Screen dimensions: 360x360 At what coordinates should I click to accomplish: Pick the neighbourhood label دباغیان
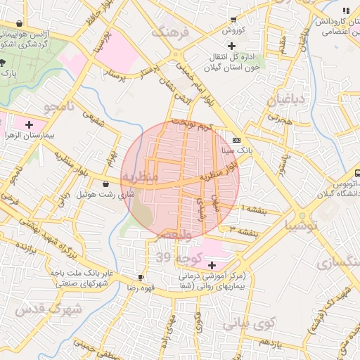pos(286,99)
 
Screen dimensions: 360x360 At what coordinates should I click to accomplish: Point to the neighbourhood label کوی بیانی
pos(245,324)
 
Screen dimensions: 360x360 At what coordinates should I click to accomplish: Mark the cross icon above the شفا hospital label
pos(212,265)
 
